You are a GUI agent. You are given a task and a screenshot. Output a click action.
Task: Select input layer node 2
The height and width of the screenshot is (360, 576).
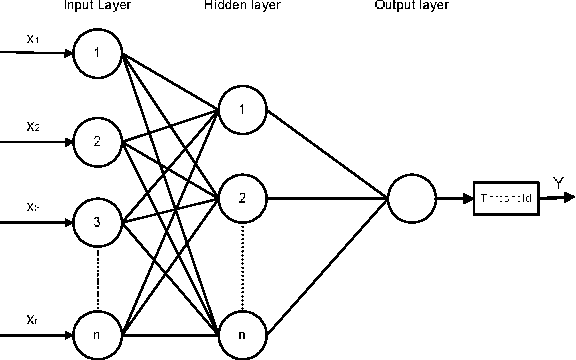97,141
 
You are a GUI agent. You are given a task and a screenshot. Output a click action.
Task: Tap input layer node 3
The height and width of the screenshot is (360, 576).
97,220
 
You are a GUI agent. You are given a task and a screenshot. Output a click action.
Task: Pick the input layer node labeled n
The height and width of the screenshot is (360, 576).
97,334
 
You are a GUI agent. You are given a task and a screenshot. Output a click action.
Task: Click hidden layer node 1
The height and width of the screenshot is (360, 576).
241,110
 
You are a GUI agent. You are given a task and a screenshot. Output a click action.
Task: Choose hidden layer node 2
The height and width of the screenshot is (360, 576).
241,197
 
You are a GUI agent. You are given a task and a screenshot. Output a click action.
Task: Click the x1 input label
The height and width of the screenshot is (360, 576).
33,40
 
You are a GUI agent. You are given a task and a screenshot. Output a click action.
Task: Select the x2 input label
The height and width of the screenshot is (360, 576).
33,127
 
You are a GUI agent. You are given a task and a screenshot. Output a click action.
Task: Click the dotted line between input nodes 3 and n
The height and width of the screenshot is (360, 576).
97,277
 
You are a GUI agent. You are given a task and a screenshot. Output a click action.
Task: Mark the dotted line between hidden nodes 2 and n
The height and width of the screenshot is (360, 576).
241,265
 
